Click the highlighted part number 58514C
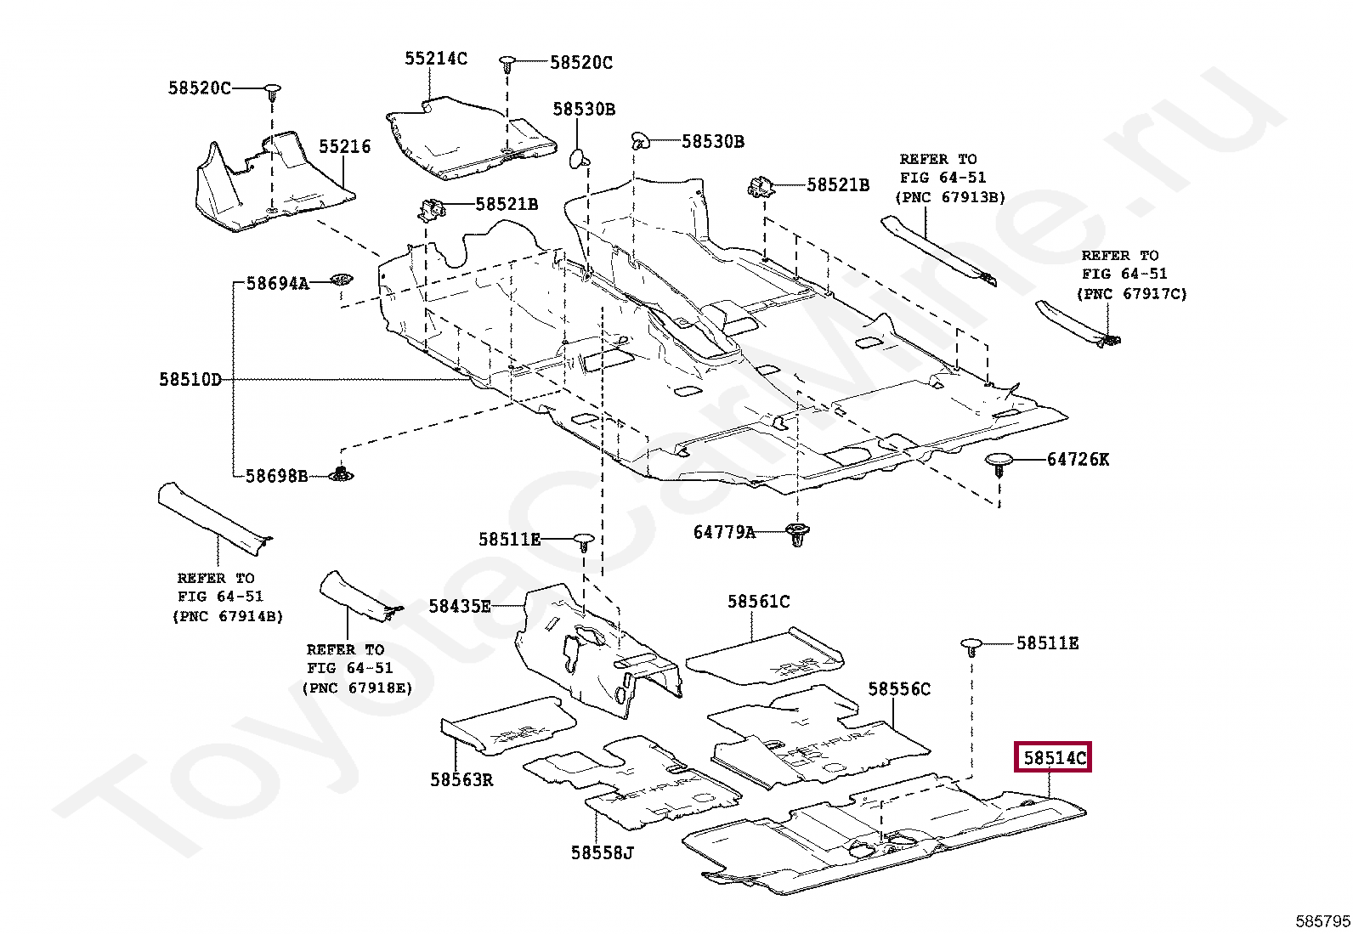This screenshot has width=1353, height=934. tap(1053, 757)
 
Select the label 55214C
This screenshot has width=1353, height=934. tap(435, 59)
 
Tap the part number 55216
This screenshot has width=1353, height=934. tap(344, 146)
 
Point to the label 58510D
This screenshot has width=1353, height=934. tap(190, 380)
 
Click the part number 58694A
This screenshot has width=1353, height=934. tap(277, 284)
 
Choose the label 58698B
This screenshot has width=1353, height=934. tap(276, 476)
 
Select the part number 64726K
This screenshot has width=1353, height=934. tap(1078, 460)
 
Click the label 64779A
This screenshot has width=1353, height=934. tap(724, 533)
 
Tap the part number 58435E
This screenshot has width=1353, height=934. tap(459, 606)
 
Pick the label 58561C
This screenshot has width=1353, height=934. tap(758, 602)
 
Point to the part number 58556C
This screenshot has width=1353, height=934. tap(899, 689)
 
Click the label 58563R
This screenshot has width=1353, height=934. tap(461, 779)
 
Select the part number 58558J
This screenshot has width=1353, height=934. tap(602, 852)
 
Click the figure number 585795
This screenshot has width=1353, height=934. tap(1322, 921)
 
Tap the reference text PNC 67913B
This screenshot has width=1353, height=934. tap(950, 197)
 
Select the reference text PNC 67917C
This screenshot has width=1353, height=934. tap(1131, 294)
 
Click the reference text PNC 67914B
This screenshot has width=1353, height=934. tap(227, 616)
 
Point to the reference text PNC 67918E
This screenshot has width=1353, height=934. tap(357, 688)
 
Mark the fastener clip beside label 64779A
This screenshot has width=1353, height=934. tap(797, 535)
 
